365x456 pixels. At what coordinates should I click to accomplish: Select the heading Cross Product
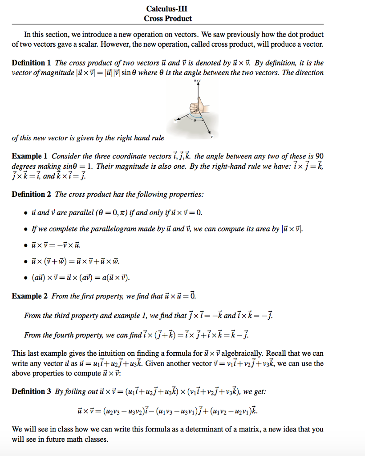coord(168,18)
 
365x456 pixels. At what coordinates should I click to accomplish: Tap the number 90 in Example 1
coord(319,156)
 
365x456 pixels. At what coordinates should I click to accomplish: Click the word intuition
coord(113,354)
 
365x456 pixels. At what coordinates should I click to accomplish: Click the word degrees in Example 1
coord(24,166)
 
